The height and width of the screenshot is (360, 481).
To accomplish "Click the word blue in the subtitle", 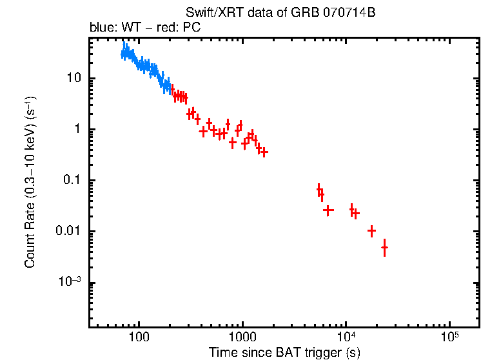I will [x=100, y=28].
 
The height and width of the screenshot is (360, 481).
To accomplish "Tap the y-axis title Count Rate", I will [x=30, y=183].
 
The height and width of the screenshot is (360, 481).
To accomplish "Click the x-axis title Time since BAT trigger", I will [x=284, y=352].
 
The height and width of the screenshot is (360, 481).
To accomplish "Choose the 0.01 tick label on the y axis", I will [x=68, y=232].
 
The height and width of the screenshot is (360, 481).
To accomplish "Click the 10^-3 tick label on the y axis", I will [x=69, y=282].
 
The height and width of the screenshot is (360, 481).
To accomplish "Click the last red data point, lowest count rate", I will [x=384, y=248].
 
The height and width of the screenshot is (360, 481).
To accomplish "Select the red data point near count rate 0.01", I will [x=371, y=231].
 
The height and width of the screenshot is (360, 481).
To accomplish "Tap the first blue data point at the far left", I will [x=123, y=55].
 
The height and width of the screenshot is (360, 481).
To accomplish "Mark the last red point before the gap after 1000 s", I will [x=264, y=152].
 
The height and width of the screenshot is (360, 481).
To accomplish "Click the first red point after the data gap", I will [x=319, y=189].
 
